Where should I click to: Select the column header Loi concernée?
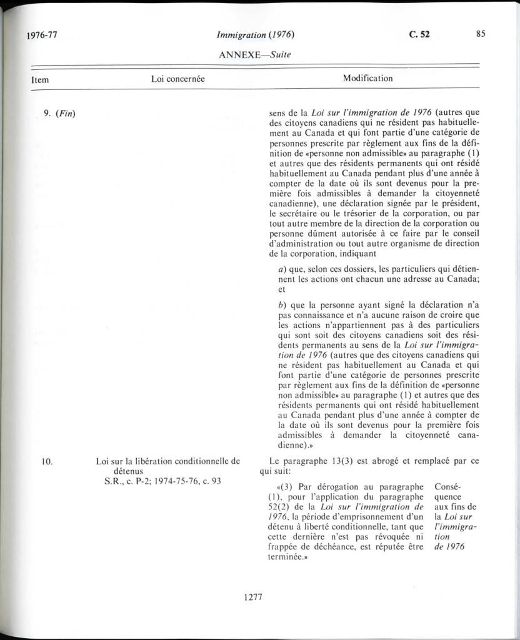[x=178, y=79]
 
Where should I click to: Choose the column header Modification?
[x=367, y=79]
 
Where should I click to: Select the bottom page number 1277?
[x=253, y=597]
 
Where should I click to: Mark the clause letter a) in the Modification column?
[x=282, y=269]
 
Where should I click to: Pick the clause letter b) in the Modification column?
[x=282, y=306]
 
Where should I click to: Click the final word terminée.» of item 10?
[x=280, y=556]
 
